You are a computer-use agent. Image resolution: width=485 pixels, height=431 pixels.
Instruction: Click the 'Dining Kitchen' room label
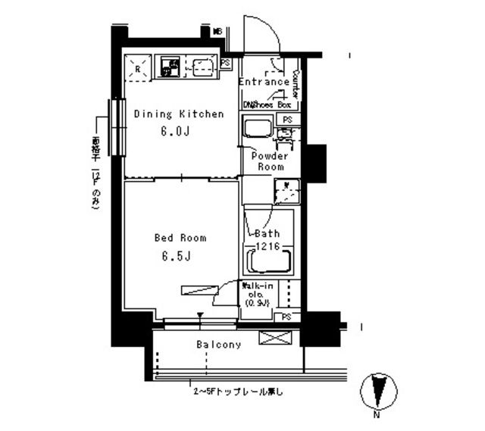[178, 114]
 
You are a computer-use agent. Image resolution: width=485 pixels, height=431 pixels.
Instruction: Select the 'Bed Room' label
[180, 238]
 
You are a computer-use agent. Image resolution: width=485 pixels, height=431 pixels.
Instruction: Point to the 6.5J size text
[174, 255]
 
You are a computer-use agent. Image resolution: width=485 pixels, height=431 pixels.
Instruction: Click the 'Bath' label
[267, 233]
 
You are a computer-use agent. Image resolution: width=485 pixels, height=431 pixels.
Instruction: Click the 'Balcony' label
[219, 345]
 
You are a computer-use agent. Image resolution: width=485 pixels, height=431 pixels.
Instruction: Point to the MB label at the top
[217, 32]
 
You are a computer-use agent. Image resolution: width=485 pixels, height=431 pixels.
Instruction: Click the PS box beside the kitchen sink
[226, 64]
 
